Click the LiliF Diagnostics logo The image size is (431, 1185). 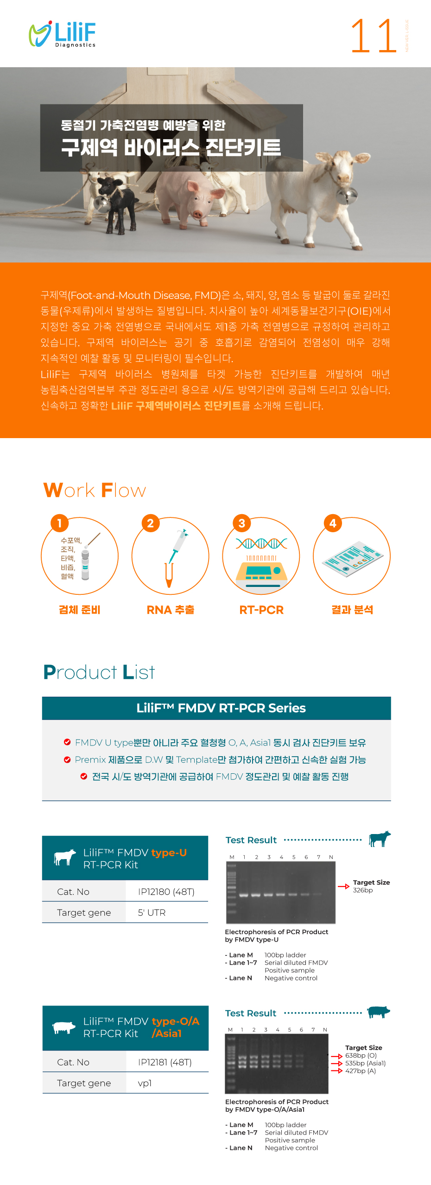[x=62, y=34]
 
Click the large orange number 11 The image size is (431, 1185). [x=374, y=36]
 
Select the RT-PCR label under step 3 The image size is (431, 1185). [x=261, y=610]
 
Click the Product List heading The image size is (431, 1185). [x=99, y=672]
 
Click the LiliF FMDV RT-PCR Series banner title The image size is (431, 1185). [x=221, y=708]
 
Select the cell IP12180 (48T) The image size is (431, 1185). [x=166, y=892]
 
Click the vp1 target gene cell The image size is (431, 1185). [x=145, y=1083]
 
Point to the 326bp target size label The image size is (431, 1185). [x=363, y=890]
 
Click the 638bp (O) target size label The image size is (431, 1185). [x=361, y=1055]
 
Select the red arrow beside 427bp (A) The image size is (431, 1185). [x=337, y=1070]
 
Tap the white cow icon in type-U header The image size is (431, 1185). [x=65, y=858]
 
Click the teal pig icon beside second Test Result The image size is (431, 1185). [x=379, y=1012]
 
